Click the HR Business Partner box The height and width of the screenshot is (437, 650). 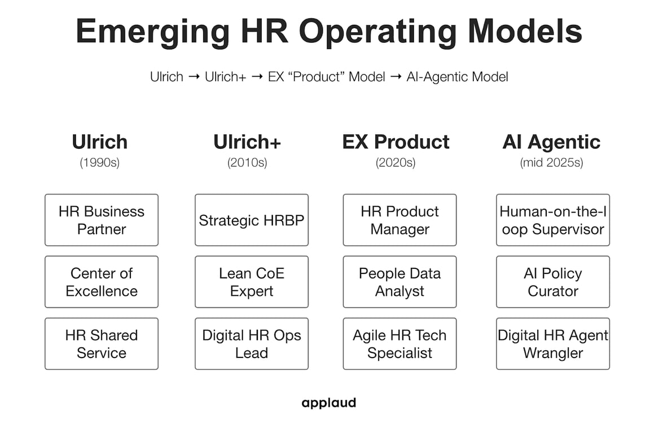click(x=102, y=220)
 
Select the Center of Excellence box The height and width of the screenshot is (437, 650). click(x=102, y=282)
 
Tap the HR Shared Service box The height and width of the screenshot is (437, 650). click(x=102, y=344)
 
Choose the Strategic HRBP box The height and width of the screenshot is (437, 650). click(x=252, y=220)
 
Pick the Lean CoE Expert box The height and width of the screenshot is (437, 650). click(x=252, y=282)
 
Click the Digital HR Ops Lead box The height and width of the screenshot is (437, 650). click(x=252, y=344)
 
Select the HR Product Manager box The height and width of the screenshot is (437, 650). click(x=399, y=220)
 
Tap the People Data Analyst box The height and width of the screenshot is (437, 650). click(x=399, y=282)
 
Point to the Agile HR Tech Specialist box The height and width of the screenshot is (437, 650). click(x=399, y=344)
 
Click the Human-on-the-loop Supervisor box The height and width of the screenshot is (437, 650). click(x=553, y=220)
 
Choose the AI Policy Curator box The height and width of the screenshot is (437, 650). click(x=553, y=282)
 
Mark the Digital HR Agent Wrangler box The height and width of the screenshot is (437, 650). click(x=553, y=344)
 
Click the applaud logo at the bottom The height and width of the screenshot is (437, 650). click(x=328, y=403)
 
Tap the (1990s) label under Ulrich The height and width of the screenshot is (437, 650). click(x=100, y=163)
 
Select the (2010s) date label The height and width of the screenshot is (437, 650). click(x=247, y=163)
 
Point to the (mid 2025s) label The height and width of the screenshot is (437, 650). click(x=551, y=163)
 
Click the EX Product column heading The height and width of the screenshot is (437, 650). click(x=396, y=142)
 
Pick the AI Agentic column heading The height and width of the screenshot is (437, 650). click(x=551, y=142)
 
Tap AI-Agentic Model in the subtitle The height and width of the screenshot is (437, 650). click(x=457, y=77)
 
